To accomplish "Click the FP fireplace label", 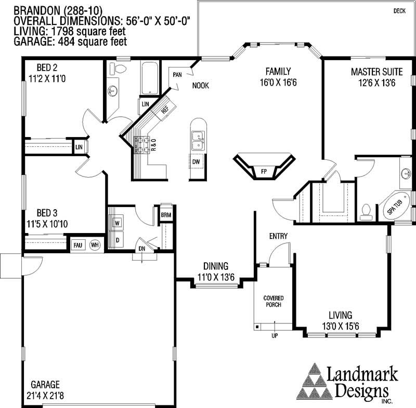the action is tap(264, 172).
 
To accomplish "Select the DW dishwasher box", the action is tap(196, 161).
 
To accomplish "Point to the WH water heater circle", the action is tap(95, 245).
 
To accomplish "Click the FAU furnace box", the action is tap(77, 245).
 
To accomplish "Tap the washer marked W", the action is tap(117, 223).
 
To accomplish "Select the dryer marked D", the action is tap(118, 240).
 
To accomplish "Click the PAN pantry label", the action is tap(177, 75).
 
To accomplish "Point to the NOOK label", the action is tap(201, 86).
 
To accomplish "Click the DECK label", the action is tap(399, 11).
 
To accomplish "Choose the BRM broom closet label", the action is tap(166, 215).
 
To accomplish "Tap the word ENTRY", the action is tap(278, 236).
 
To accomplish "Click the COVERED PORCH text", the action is tap(274, 301).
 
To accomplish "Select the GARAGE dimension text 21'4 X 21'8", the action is tap(45, 396).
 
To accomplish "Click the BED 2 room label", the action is tap(47, 67).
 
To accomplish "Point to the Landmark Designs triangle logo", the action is tap(315, 382).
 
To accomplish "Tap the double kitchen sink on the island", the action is tap(198, 140).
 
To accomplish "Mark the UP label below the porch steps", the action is tap(275, 336).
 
